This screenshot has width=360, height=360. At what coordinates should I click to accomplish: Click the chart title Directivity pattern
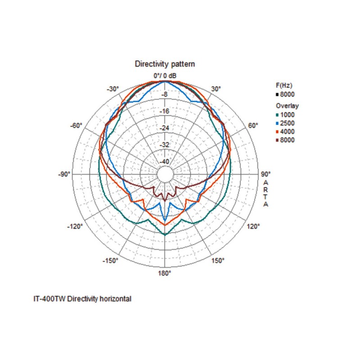tap(165, 64)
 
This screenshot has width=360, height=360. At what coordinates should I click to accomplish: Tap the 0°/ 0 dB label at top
tap(165, 75)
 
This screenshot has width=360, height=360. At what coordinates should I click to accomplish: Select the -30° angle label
tap(113, 89)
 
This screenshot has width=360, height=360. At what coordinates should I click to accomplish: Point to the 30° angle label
tap(216, 89)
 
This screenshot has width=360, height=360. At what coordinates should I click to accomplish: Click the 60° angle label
tap(253, 125)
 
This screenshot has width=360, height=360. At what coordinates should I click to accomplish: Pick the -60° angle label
tap(76, 125)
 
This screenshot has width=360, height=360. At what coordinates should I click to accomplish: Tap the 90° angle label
tap(265, 174)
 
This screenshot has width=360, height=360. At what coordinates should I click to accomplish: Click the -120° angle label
tap(75, 226)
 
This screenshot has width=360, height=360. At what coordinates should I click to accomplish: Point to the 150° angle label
tap(218, 261)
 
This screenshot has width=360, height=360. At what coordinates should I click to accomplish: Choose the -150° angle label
tap(111, 261)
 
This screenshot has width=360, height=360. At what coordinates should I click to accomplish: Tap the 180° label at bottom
tap(165, 273)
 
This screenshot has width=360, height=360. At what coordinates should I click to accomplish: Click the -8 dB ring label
tap(165, 94)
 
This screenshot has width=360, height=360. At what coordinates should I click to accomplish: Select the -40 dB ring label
tap(165, 162)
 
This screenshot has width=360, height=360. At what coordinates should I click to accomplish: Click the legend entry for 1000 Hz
tap(286, 115)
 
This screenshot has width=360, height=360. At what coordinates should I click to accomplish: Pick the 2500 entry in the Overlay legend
tap(286, 123)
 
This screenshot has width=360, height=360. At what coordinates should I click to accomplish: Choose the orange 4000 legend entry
tap(286, 131)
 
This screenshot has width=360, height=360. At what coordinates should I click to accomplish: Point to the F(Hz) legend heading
tap(284, 85)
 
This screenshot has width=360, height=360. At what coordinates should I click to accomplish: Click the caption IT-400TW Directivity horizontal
tap(82, 298)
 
